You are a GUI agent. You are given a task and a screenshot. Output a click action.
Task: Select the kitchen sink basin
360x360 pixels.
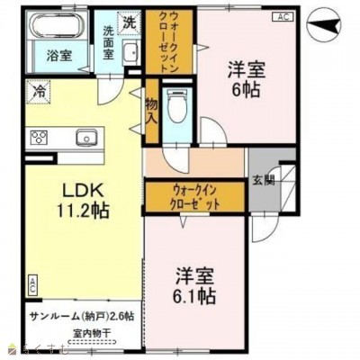point(88,138)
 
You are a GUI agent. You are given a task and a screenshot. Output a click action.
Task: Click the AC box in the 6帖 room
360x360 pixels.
point(285,16)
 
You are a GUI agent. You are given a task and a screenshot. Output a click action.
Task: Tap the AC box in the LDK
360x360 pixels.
point(31,286)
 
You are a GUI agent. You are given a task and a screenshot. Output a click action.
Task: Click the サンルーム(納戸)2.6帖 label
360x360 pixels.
point(82,316)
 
